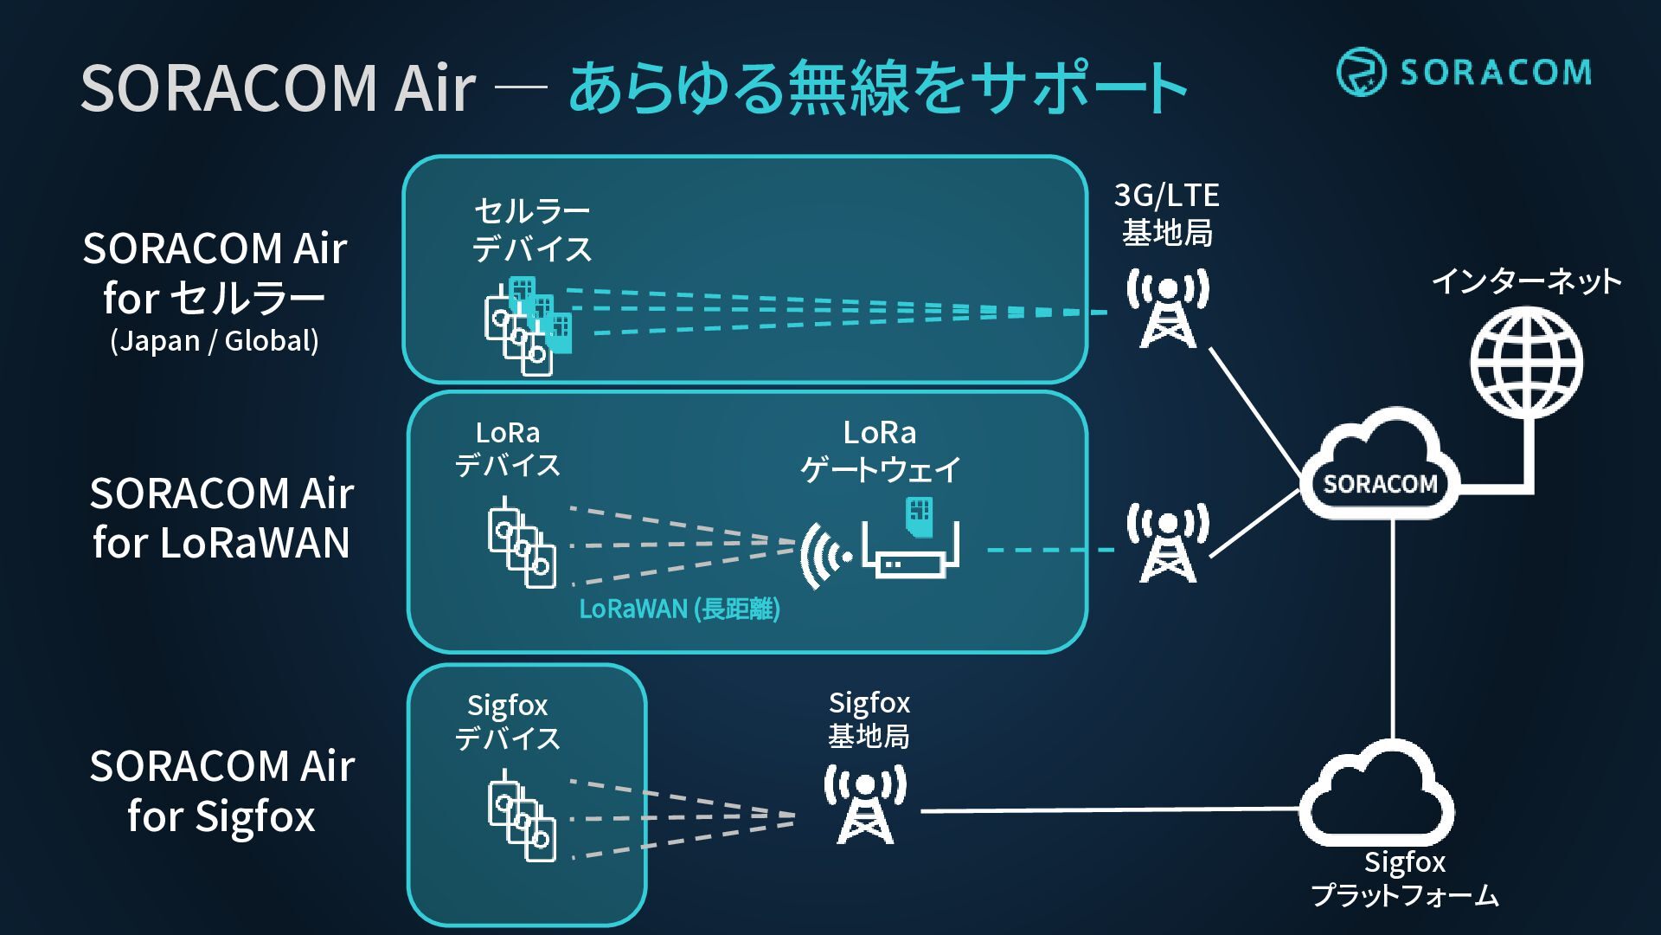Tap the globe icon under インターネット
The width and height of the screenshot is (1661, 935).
[x=1527, y=363]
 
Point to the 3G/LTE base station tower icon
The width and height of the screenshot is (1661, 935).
[x=1168, y=308]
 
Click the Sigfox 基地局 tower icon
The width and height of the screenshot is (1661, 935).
[x=865, y=804]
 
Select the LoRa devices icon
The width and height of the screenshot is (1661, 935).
[x=522, y=543]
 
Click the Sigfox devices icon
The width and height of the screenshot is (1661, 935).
[x=522, y=816]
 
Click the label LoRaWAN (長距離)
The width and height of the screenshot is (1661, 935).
[x=679, y=609]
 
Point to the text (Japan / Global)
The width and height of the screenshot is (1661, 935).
[x=215, y=340]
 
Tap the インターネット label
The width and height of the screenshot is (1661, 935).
[x=1526, y=280]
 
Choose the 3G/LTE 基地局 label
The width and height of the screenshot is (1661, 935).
[x=1167, y=214]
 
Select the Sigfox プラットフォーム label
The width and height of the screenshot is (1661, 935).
[x=1404, y=878]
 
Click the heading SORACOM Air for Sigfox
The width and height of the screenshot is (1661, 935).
[x=221, y=791]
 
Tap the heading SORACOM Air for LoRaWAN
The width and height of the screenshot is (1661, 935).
[x=221, y=518]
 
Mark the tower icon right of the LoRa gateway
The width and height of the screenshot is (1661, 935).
[x=1168, y=543]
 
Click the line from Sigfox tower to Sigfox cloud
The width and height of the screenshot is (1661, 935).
[x=1111, y=810]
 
